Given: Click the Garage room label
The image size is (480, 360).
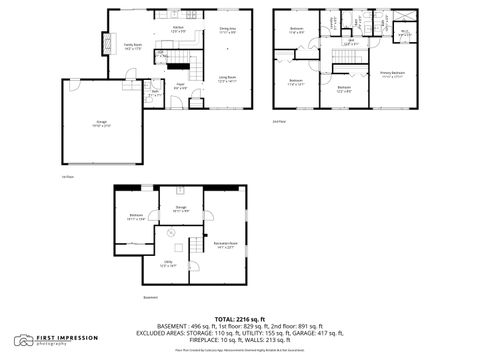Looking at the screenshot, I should pos(74,123).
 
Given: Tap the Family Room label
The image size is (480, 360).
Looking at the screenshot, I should pos(132,46).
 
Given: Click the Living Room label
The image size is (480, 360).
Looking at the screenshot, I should pos(228,80).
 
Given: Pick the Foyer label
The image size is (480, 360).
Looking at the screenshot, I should pos(181,85).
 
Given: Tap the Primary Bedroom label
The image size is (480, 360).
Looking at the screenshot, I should pos(392,74).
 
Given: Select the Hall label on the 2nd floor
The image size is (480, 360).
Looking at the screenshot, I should pos(351,44).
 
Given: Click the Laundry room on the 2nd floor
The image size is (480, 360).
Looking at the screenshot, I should pos(332,20).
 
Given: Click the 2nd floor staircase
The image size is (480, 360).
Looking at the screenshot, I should pos(343,66).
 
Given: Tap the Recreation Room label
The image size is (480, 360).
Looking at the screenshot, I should pos(224,245).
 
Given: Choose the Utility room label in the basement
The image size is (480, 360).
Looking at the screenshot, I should pos(167,265).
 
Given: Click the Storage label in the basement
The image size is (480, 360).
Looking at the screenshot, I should pos(181,211).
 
